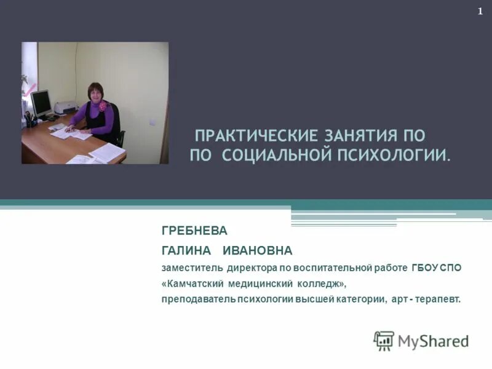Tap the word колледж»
point(317,284)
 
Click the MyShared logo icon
point(384,341)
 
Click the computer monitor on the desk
point(41,103)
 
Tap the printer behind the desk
point(63,108)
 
